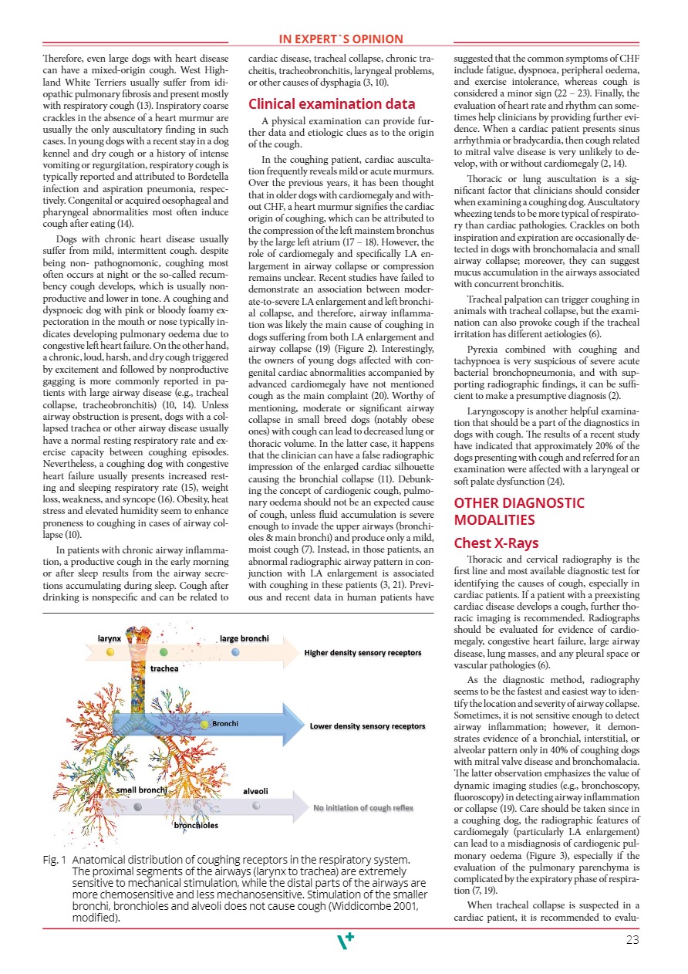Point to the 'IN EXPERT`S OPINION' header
click(x=341, y=39)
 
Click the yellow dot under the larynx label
click(x=110, y=651)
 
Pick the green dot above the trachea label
click(x=164, y=652)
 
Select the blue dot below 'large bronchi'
click(x=236, y=651)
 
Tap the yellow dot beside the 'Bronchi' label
click(x=204, y=723)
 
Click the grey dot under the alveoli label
click(x=255, y=806)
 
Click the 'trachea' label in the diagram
click(x=164, y=668)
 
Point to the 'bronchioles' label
click(x=195, y=825)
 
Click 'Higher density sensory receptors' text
click(x=363, y=653)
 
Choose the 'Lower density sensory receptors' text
click(x=367, y=726)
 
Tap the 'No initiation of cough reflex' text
click(x=363, y=808)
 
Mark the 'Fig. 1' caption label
click(x=53, y=859)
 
